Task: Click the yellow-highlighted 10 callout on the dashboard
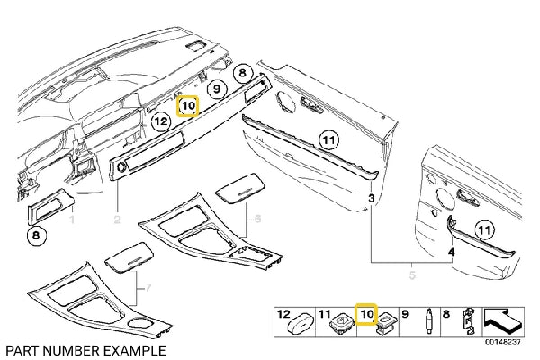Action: (x=187, y=106)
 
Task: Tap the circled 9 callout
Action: (x=216, y=89)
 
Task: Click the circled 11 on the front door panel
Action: (x=328, y=139)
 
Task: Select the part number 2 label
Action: (x=116, y=219)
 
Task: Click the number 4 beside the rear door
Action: (x=451, y=253)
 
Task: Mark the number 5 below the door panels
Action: (x=413, y=275)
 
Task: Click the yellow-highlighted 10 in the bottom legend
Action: (x=367, y=315)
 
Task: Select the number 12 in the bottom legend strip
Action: (x=284, y=316)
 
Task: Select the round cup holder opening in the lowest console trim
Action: (x=149, y=325)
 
